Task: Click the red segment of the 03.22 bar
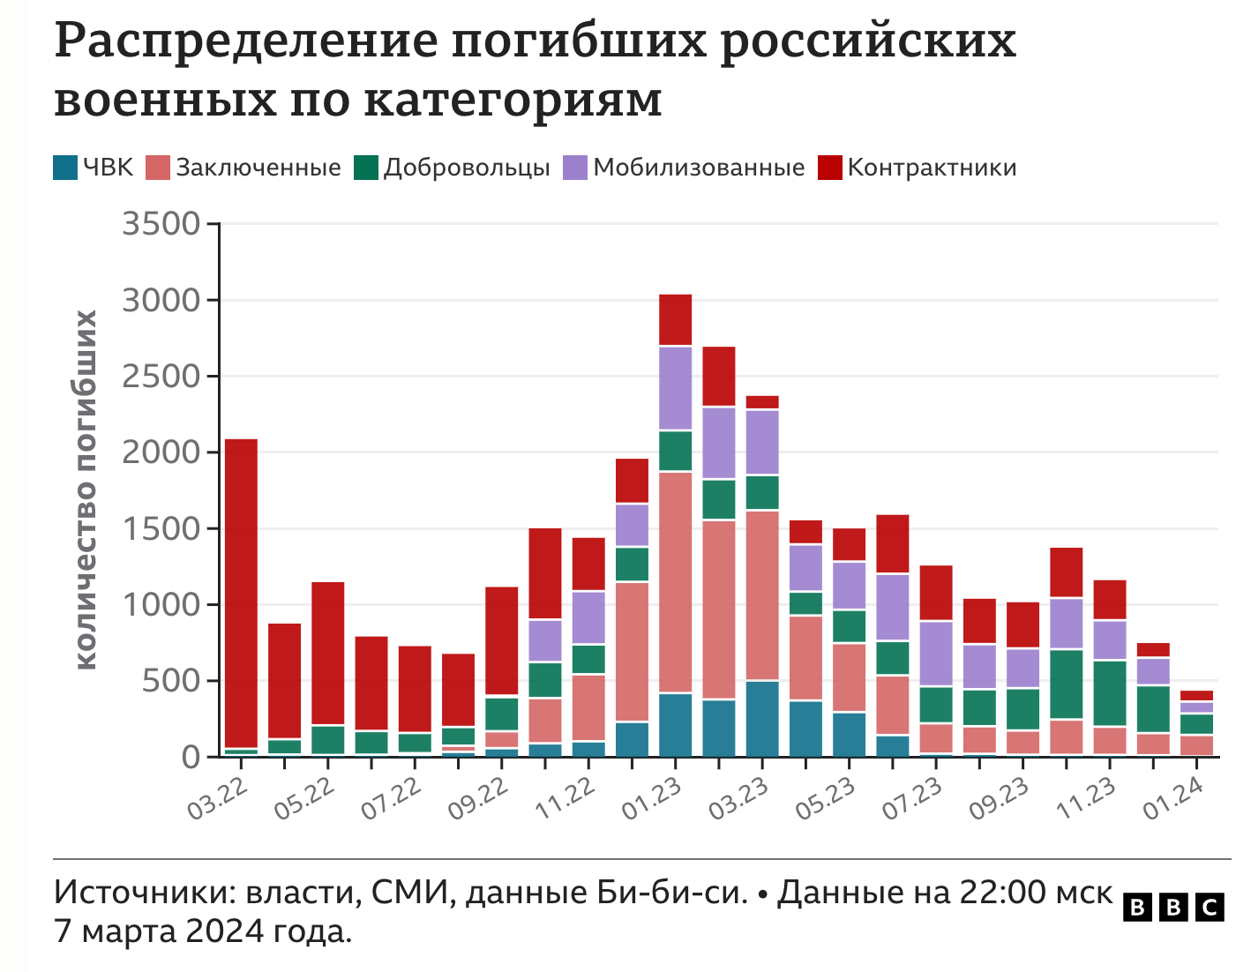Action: tap(241, 591)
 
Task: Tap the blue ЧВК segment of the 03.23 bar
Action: tap(762, 718)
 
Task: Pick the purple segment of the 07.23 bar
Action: tap(936, 653)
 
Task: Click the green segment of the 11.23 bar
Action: tap(1110, 692)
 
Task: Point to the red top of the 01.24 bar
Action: tap(1196, 695)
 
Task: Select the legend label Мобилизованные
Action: tap(699, 168)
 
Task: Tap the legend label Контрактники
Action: tap(932, 168)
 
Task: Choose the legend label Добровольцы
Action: tap(467, 168)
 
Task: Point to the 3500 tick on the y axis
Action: tap(161, 224)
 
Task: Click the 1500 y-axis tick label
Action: tap(161, 528)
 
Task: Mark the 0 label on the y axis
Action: tap(191, 757)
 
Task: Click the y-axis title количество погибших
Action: tap(86, 490)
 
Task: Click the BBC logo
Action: tap(1172, 907)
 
